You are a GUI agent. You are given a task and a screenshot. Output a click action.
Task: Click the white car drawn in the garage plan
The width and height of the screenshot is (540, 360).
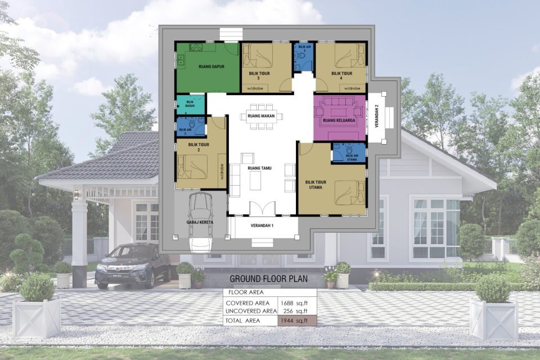[x=201, y=222]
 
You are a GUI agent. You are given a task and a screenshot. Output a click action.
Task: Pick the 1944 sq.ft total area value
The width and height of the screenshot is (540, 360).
[x=296, y=321]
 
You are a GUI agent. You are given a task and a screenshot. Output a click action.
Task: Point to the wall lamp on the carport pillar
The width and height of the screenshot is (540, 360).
[x=76, y=195]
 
